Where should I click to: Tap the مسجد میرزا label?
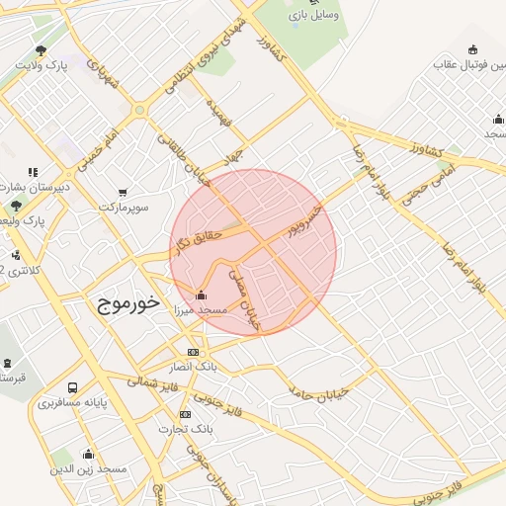point(201,310)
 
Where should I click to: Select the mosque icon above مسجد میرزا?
point(202,295)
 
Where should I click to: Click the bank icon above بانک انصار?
point(193,353)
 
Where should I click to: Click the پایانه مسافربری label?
point(72,403)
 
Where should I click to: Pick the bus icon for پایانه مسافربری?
point(72,387)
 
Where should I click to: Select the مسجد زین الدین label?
point(88,468)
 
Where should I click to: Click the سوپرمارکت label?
point(123,208)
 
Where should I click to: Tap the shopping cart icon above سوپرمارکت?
point(123,193)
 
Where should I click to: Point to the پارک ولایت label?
point(41,65)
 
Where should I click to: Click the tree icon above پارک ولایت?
point(41,49)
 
